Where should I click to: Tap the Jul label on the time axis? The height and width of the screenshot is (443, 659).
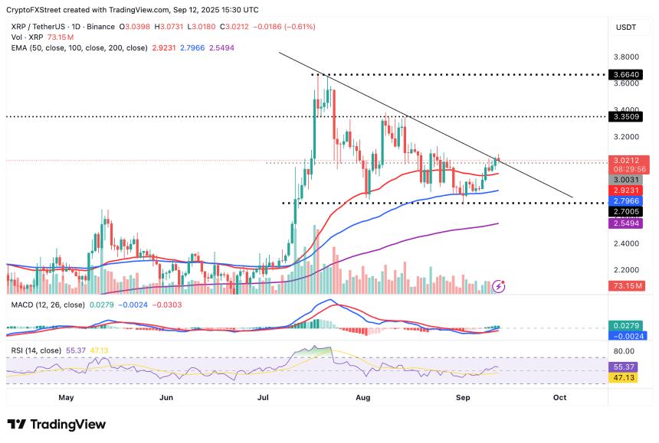click(264, 398)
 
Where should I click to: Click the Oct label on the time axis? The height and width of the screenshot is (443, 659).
click(560, 398)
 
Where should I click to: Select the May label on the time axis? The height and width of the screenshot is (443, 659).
click(66, 398)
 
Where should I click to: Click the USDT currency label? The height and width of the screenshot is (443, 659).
click(627, 27)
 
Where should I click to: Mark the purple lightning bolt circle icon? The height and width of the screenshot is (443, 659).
click(499, 285)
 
